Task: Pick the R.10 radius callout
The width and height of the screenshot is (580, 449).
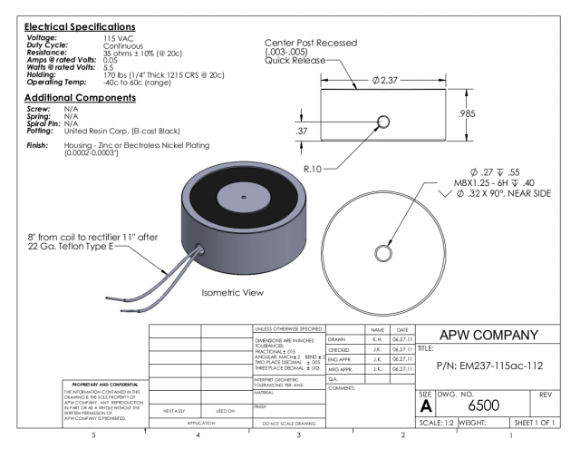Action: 316,169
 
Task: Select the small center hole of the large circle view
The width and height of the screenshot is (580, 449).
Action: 383,251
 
